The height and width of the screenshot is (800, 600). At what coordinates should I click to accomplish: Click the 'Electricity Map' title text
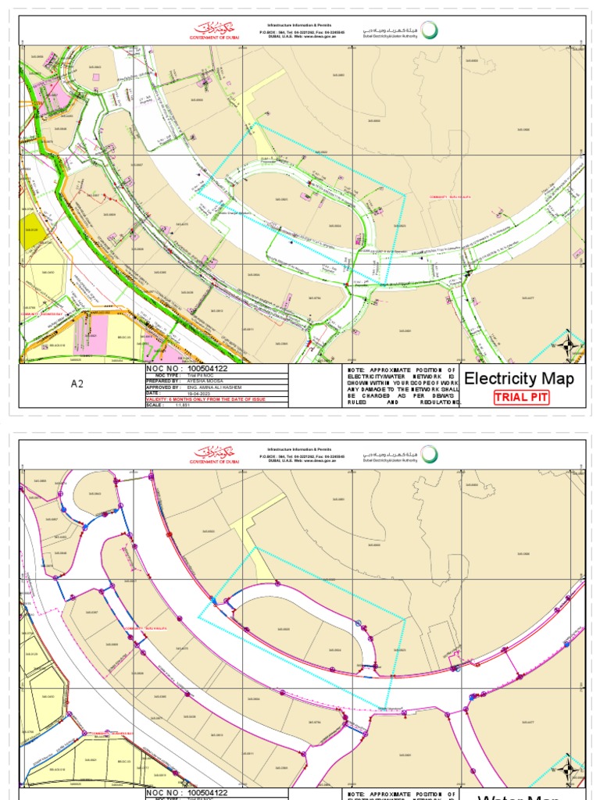[520, 380]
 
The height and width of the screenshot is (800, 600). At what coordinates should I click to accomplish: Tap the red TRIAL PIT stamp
[521, 398]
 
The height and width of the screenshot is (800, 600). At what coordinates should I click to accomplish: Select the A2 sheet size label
[77, 384]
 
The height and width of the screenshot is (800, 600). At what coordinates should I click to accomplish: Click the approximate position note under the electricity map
[403, 386]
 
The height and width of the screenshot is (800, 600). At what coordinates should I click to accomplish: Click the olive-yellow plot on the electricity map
[33, 231]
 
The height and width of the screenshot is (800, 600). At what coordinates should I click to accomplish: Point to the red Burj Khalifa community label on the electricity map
[441, 197]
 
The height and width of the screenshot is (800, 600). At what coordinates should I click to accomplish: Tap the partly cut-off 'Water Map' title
[520, 796]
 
